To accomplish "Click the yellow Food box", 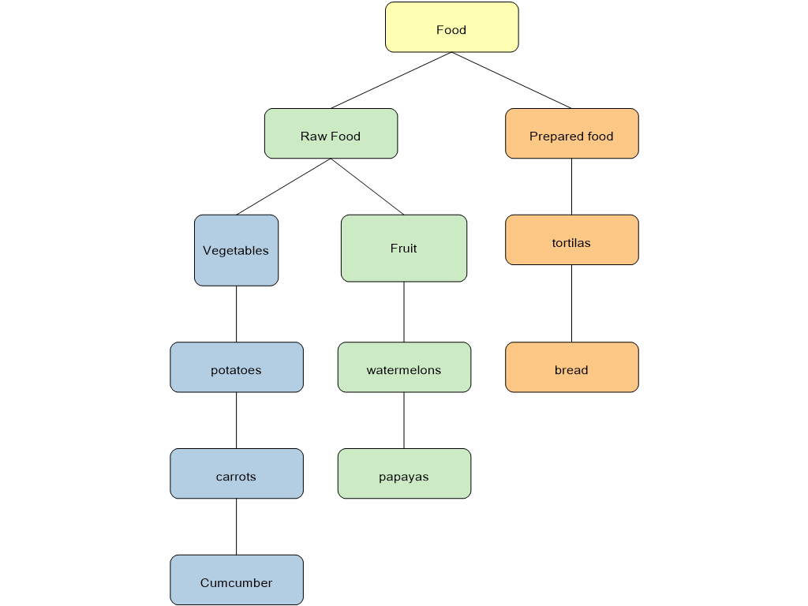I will click(451, 28).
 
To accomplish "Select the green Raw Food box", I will click(331, 134).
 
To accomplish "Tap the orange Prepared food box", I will click(571, 134).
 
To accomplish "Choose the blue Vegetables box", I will click(236, 250).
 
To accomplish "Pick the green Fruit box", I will click(403, 248).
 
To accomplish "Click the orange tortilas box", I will click(571, 240).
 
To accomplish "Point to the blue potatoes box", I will click(236, 367).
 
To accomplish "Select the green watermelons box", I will click(404, 367).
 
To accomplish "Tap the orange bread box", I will click(571, 367).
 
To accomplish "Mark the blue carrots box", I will click(236, 473).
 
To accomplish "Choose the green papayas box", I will click(404, 473).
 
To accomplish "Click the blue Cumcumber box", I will click(236, 580).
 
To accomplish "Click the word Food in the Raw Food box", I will click(345, 137).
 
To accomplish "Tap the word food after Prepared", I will click(600, 137).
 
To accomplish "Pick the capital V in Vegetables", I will click(207, 251).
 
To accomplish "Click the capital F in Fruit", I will click(394, 249).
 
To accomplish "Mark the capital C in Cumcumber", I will click(204, 583).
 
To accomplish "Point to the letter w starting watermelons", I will click(370, 371).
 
